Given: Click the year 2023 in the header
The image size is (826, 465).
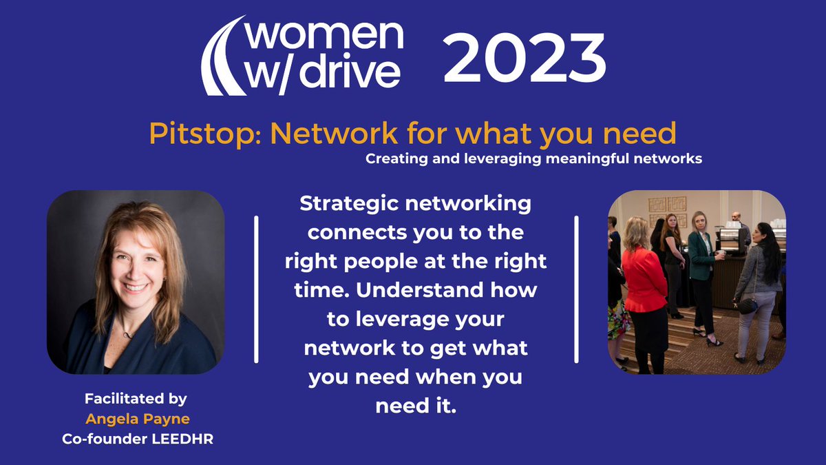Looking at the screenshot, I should tap(525, 59).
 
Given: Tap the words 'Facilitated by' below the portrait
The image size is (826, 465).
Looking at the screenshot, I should tap(136, 399).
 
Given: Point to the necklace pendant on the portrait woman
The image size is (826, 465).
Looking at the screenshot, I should tap(126, 335).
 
